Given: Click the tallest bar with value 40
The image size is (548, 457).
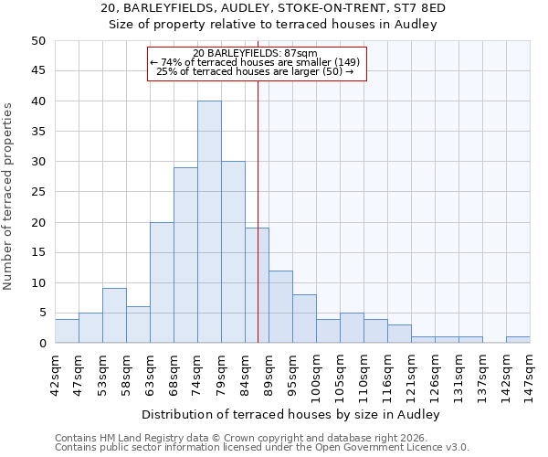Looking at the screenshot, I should point(209,222).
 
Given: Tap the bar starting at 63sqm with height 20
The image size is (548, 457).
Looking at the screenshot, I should point(162,282).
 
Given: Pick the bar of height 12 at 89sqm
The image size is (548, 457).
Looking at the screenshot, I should point(280,306).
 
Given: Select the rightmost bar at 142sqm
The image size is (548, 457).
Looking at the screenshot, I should point(518,340).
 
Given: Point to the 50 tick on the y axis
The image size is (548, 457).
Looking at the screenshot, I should point(38,41).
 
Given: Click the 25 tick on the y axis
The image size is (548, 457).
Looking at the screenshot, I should point(38,192).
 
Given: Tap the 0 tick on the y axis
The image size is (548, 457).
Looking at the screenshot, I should point(42,343).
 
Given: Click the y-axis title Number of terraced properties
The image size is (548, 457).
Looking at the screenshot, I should point(8,196).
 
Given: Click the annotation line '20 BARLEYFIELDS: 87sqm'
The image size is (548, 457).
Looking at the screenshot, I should point(256,53).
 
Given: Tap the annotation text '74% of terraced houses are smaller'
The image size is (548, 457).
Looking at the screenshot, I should point(256,62).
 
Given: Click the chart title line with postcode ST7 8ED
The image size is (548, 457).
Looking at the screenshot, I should point(274,8).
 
